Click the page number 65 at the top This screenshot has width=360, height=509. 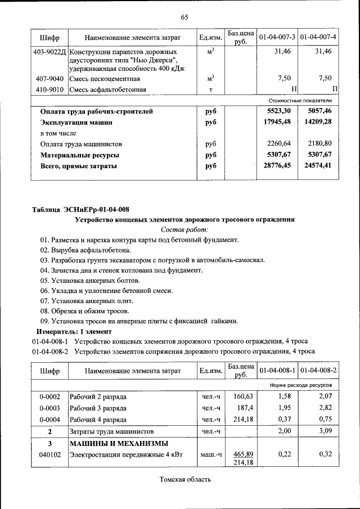[x=184, y=17]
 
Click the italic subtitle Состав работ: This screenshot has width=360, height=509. [x=184, y=229]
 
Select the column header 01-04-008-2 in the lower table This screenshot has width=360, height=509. [x=318, y=372]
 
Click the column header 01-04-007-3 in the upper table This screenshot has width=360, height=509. [x=277, y=37]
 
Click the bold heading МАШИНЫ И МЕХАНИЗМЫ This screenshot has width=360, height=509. [x=119, y=444]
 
